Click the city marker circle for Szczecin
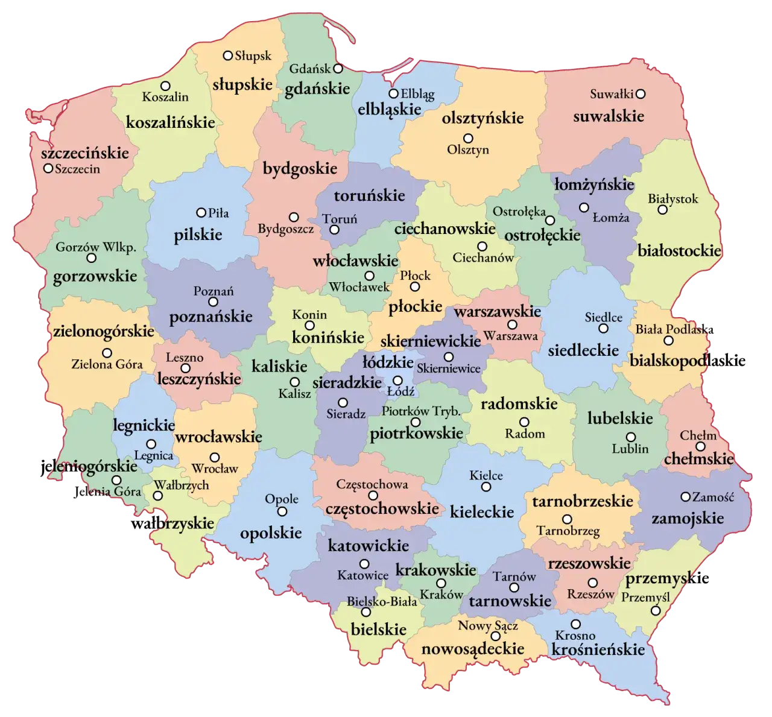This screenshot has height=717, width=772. click(x=48, y=168)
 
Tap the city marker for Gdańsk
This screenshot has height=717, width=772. click(x=338, y=68)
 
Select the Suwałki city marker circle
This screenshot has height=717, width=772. click(x=641, y=93)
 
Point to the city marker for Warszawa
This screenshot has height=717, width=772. click(x=512, y=325)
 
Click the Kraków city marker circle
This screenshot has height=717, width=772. click(x=441, y=583)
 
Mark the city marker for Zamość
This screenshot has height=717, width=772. click(x=685, y=497)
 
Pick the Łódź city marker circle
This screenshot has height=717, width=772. click(x=398, y=381)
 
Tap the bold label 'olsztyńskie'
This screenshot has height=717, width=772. click(x=482, y=118)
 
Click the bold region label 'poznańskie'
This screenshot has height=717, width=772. click(x=210, y=317)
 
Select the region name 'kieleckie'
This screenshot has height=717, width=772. click(x=482, y=512)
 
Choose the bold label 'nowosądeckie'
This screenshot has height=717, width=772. click(x=473, y=649)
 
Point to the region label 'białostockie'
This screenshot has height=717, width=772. click(x=679, y=250)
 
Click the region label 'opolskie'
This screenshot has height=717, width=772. click(x=271, y=533)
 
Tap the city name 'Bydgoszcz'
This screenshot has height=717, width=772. click(x=285, y=229)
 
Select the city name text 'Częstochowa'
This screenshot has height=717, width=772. click(x=372, y=484)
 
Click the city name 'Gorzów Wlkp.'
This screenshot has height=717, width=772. click(x=96, y=247)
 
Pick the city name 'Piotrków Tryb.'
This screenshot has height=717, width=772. click(x=421, y=411)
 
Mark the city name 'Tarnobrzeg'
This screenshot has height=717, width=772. click(x=568, y=531)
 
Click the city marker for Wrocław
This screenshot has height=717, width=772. click(x=215, y=457)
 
